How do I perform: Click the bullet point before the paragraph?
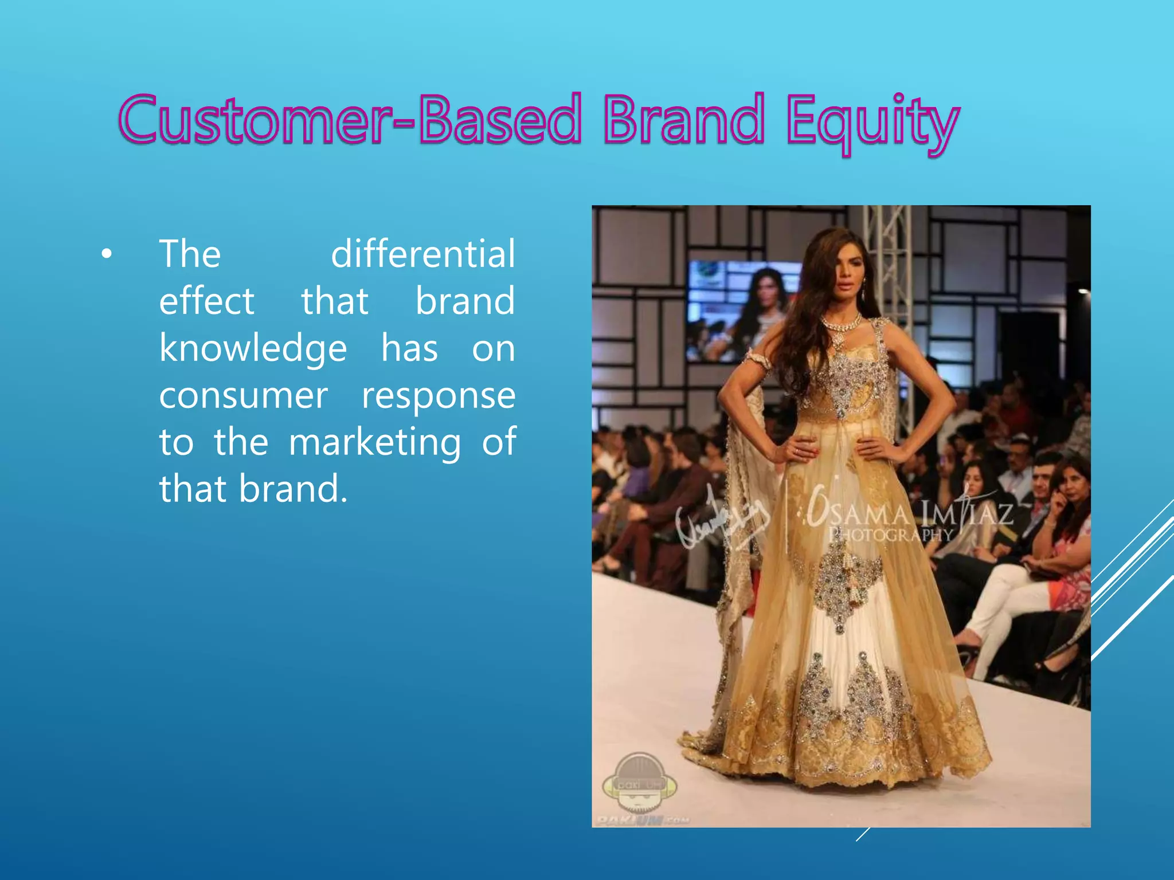pyautogui.click(x=106, y=254)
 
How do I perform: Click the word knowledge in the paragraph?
pyautogui.click(x=253, y=349)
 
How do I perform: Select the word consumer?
pyautogui.click(x=244, y=396)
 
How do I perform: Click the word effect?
pyautogui.click(x=206, y=301)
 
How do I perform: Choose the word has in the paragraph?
pyautogui.click(x=410, y=349)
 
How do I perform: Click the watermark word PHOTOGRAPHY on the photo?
pyautogui.click(x=890, y=535)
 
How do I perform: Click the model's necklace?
pyautogui.click(x=842, y=324)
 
